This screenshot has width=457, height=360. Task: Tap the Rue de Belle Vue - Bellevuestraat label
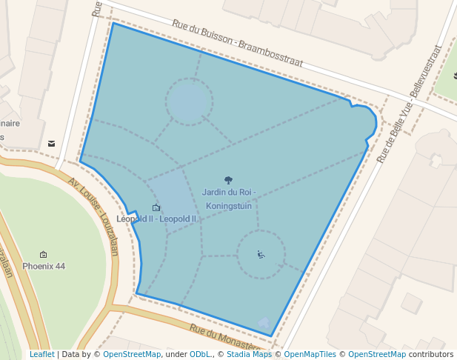coord(410,104)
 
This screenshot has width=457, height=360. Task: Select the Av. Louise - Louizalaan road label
coord(93,216)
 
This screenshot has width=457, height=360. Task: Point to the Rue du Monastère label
coord(225,337)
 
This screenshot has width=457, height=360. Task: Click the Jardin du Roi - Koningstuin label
coord(228,199)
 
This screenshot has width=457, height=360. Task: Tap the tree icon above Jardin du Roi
coord(228,180)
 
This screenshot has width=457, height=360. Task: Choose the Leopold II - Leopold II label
coord(156,219)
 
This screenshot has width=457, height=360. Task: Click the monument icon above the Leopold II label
coord(156,207)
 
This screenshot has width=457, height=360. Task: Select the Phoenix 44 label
coord(44,266)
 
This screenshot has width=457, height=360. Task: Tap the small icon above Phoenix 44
coord(44,254)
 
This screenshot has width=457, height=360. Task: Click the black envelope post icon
coord(52,143)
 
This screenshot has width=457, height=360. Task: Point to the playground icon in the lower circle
coord(261,255)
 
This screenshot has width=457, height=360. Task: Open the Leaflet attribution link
coord(41,355)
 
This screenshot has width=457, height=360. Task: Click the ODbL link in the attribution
coord(200,355)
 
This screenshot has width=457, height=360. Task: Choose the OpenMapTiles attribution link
coord(310,355)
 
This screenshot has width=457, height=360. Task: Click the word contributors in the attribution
coord(431,355)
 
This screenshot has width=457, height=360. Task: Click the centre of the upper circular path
coord(189,102)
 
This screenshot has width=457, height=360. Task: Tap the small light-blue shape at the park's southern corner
coord(264,323)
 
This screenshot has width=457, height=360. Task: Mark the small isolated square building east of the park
coord(412,303)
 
